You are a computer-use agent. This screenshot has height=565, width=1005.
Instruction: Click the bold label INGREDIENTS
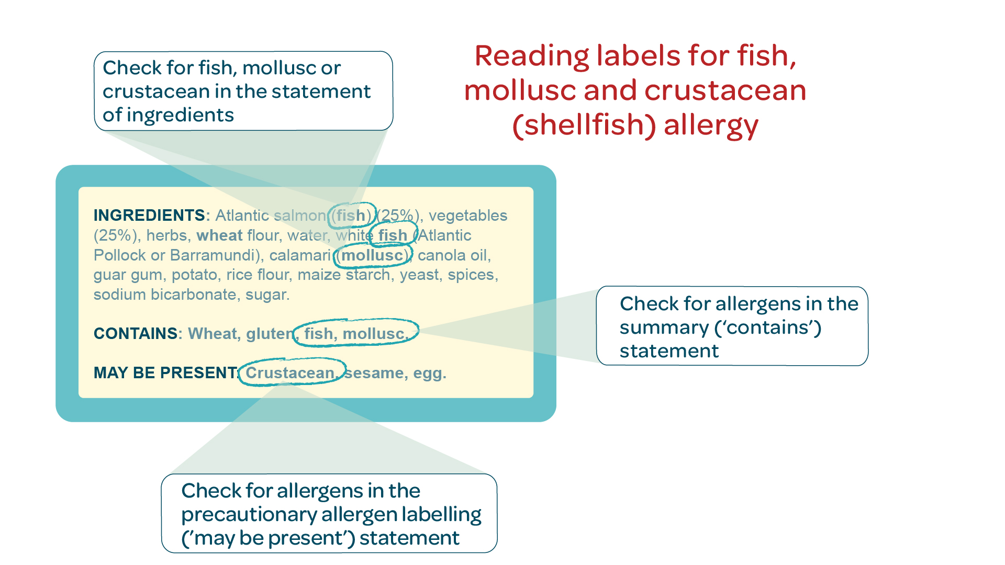(x=149, y=216)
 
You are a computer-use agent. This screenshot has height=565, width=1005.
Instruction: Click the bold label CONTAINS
(x=136, y=334)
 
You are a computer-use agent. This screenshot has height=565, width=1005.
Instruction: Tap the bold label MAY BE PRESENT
(x=165, y=373)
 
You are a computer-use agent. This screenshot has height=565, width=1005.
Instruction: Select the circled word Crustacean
(x=289, y=373)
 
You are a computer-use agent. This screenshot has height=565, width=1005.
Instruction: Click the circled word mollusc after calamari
(x=372, y=255)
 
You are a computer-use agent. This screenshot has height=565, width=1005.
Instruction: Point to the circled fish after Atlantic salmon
(x=351, y=216)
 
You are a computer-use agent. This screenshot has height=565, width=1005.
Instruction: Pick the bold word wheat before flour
(x=219, y=235)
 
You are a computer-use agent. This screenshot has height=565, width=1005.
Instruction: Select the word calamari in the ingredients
(x=300, y=255)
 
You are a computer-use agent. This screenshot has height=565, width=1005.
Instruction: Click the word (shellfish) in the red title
(x=584, y=126)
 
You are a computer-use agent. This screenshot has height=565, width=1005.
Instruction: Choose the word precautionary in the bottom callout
(x=248, y=515)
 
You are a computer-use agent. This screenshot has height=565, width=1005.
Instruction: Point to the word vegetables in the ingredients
(x=468, y=216)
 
